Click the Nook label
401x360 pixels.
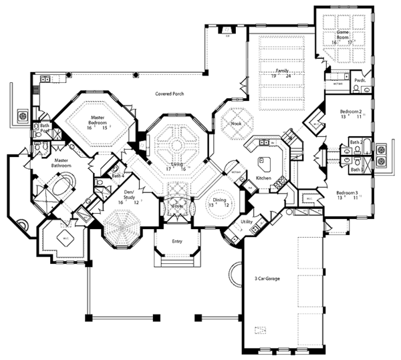(237, 124)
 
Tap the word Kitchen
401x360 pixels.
(263, 180)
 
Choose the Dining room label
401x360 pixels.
(219, 200)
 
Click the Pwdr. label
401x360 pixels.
(360, 79)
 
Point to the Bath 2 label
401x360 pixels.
(355, 142)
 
